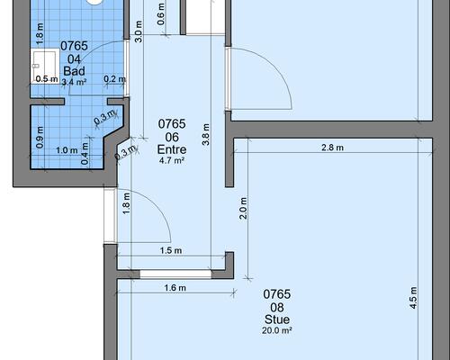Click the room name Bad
point(74,71)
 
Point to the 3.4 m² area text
point(74,82)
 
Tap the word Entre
point(172,149)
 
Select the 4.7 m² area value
point(172,160)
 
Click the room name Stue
point(277,319)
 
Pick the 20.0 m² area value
point(277,330)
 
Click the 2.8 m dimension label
point(332,148)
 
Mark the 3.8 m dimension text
point(206,135)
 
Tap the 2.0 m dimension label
point(243,208)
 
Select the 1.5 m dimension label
point(171,250)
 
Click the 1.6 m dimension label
point(175,288)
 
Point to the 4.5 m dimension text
point(413,298)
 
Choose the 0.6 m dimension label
point(161,14)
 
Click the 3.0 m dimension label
point(139,31)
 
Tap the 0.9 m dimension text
point(40,138)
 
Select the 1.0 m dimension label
point(67,150)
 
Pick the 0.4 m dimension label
point(85,154)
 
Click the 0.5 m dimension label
point(47,79)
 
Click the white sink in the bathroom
point(45,66)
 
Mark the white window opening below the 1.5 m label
point(175,274)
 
